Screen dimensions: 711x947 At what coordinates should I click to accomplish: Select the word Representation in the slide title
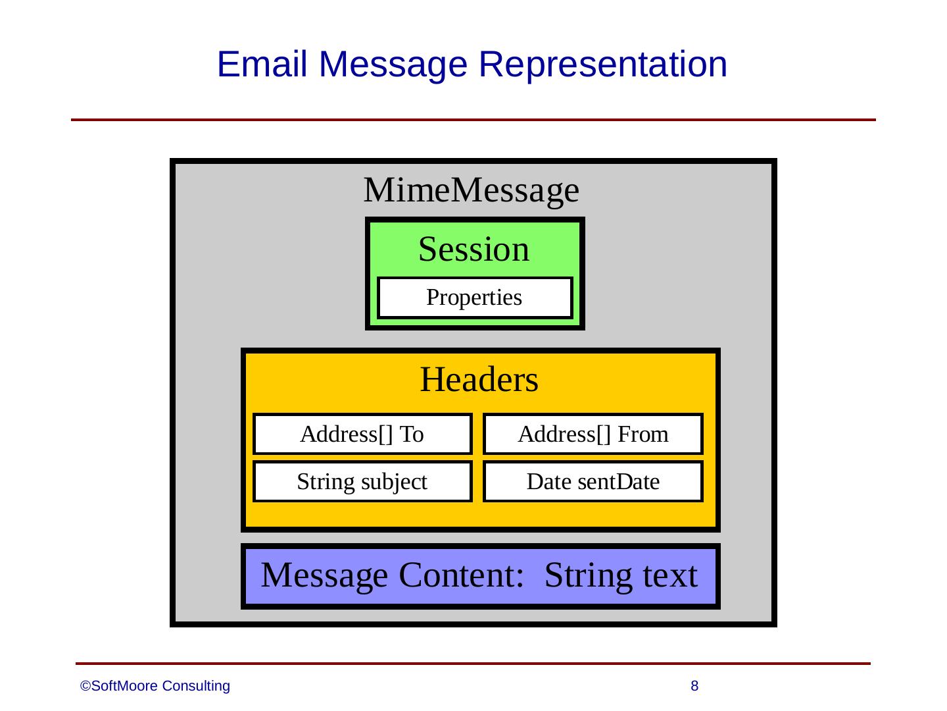point(602,65)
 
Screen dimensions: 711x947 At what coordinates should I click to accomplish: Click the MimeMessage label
point(471,190)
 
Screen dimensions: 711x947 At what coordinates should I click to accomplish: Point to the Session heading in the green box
point(473,250)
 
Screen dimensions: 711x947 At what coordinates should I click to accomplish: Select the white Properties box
point(474,298)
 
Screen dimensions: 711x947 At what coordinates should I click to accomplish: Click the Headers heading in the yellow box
point(479,380)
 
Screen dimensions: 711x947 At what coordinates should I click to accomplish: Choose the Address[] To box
point(362,434)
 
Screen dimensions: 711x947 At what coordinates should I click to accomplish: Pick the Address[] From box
point(593,434)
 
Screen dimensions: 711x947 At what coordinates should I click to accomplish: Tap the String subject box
point(362,482)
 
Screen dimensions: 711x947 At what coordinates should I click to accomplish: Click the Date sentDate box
point(593,482)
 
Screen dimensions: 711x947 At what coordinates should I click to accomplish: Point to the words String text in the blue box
point(620,575)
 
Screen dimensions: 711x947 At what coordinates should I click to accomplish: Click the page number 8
point(694,686)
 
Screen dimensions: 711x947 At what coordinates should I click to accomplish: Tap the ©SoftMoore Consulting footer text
point(155,686)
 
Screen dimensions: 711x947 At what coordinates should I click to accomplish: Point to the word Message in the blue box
point(324,575)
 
